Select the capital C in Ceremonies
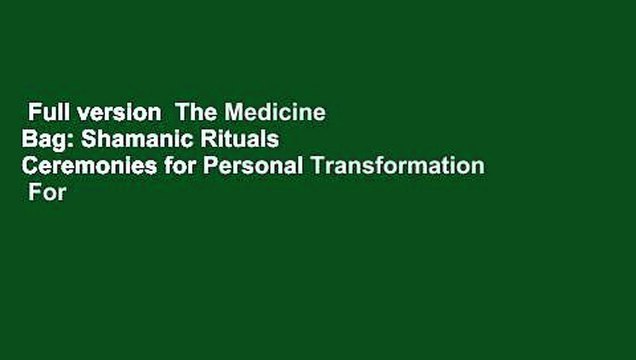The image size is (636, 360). [x=29, y=167]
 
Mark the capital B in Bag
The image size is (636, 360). [x=29, y=140]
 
